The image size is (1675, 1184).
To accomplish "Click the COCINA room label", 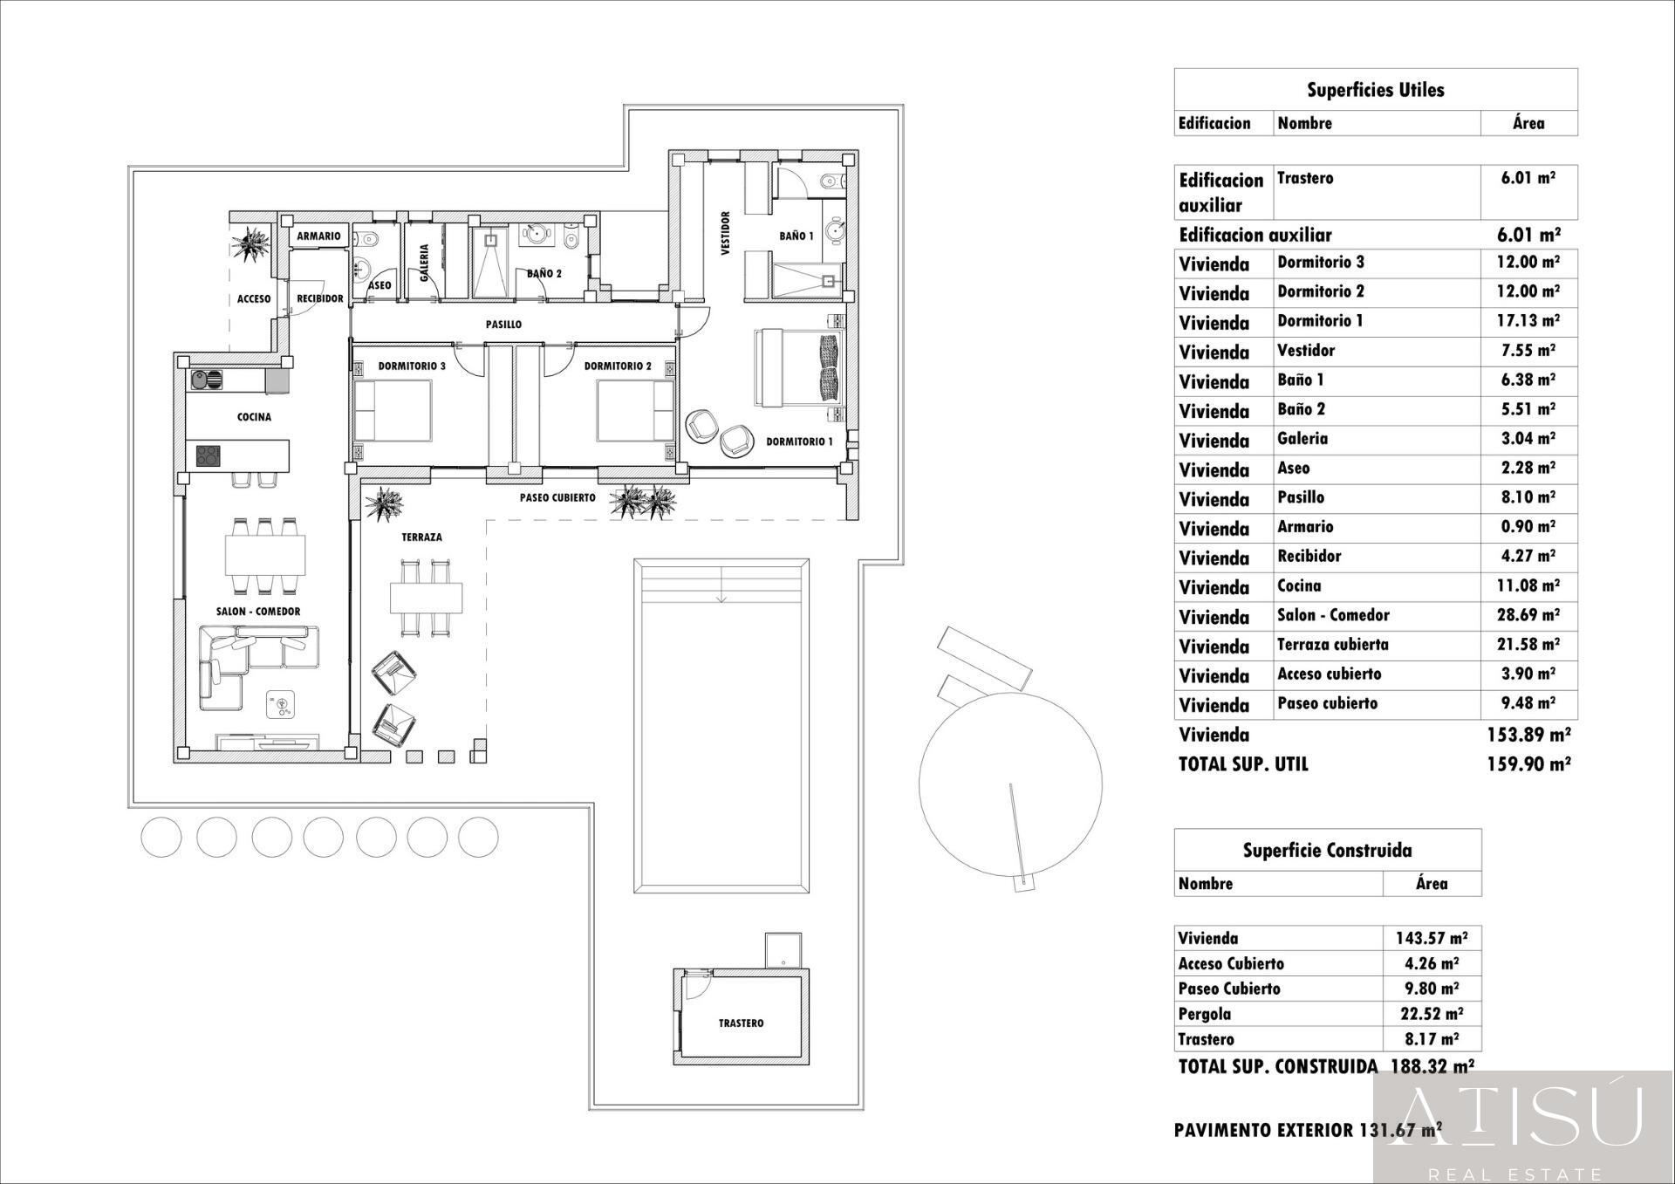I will [254, 417].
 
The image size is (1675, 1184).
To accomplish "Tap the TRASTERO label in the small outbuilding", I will [741, 1023].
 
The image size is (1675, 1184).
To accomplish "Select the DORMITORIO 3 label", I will [412, 366].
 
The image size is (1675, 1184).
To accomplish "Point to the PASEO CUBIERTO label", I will [557, 497].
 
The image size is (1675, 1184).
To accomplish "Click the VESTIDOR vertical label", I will [725, 234].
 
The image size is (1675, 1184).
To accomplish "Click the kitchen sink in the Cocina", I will [208, 380].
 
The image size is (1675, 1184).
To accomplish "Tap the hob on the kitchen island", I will [208, 455].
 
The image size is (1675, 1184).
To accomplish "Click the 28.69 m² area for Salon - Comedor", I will [1528, 615].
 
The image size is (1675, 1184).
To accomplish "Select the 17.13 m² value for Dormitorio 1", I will [1528, 321].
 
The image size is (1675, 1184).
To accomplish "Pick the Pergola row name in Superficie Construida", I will [1204, 1014].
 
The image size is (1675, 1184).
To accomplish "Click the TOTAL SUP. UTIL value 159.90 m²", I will [1528, 764].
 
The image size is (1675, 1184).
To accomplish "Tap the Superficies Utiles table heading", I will [1375, 90].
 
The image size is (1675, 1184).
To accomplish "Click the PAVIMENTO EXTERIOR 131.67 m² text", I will [1307, 1130].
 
